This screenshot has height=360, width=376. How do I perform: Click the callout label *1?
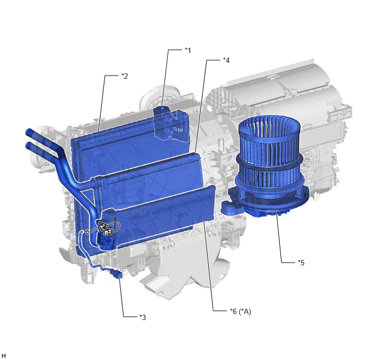pyautogui.click(x=188, y=50)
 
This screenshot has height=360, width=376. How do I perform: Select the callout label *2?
pyautogui.click(x=125, y=76)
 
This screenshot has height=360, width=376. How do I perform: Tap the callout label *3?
pyautogui.click(x=143, y=317)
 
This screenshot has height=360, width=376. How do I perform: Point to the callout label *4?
pyautogui.click(x=226, y=60)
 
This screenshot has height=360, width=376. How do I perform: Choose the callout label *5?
pyautogui.click(x=301, y=263)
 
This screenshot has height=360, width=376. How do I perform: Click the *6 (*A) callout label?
pyautogui.click(x=240, y=311)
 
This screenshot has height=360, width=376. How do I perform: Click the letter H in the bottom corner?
pyautogui.click(x=4, y=356)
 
